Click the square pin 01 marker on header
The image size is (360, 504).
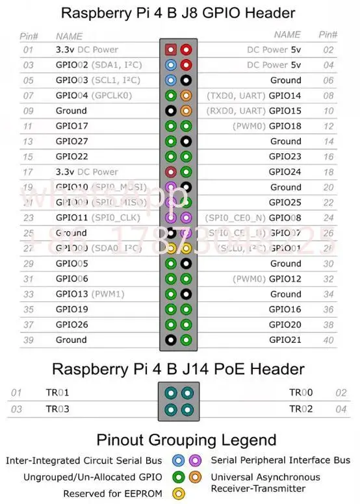point(170,49)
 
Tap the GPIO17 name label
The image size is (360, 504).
point(71,126)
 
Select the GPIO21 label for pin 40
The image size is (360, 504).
point(285,340)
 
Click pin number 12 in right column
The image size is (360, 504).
point(328,126)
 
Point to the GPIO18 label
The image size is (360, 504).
point(285,126)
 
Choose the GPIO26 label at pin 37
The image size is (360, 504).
point(71,325)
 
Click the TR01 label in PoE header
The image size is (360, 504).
point(57,393)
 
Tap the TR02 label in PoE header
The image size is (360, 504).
point(301,409)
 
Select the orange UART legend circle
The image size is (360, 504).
point(195,477)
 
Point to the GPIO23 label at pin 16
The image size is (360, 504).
point(285,157)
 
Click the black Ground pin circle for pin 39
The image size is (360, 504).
point(170,340)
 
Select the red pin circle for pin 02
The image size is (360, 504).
point(186,49)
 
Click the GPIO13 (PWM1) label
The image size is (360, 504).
point(89,294)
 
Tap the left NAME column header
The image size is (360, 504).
point(70,36)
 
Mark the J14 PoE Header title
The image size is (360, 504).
point(178,370)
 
